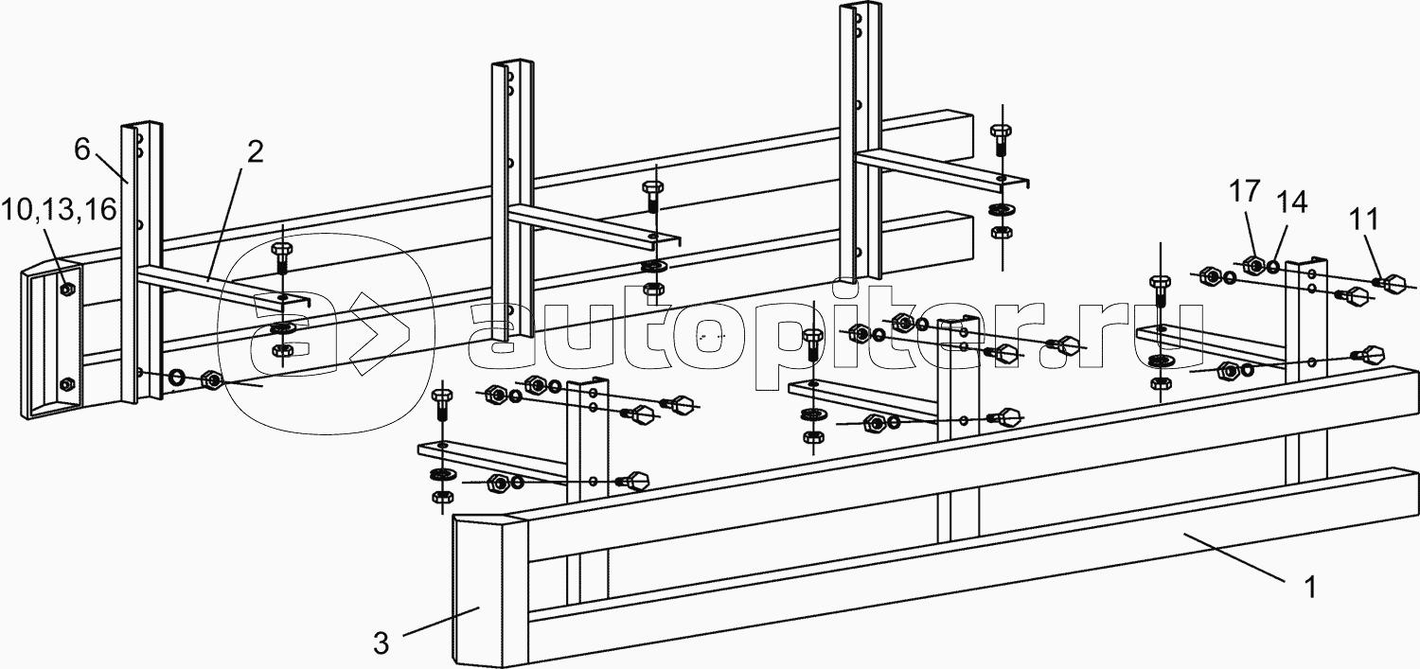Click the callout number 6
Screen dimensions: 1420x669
tap(82, 150)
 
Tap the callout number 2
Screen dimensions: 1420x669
tap(255, 152)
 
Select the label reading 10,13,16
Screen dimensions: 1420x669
tap(59, 208)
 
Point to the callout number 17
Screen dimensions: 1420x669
tap(1245, 191)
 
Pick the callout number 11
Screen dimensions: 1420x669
tap(1363, 220)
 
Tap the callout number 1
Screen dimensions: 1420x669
tap(1309, 588)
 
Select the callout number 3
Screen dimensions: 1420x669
tap(381, 644)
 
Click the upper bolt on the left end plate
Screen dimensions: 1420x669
tap(66, 290)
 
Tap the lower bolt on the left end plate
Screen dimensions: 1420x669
tap(66, 384)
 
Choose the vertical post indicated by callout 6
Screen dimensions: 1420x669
tap(141, 263)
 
